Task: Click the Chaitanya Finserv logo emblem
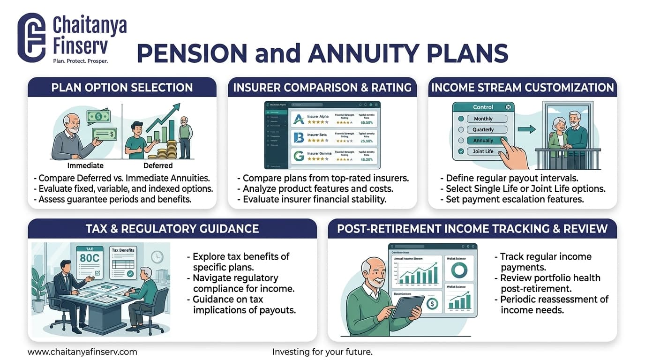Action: (31, 38)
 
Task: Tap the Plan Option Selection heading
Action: (122, 88)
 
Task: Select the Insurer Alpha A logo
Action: (299, 119)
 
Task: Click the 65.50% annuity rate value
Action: (367, 122)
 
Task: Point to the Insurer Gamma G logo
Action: (298, 155)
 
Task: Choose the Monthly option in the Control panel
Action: (483, 119)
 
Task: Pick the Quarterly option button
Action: (483, 129)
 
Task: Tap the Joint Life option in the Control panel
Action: (483, 151)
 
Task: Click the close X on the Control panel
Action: (509, 107)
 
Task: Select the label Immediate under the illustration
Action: (85, 165)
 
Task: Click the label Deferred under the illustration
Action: (157, 165)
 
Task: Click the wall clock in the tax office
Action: (157, 256)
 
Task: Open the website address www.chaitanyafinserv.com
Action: (82, 352)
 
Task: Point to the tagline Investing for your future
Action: (322, 352)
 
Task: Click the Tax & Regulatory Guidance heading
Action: (172, 229)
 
